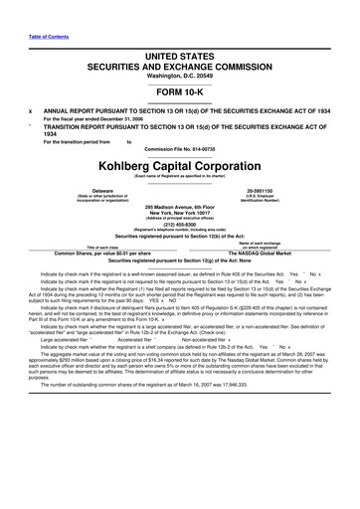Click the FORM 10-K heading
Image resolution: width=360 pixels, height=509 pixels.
[180, 84]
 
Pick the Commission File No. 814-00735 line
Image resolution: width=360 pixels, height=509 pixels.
[180, 148]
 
